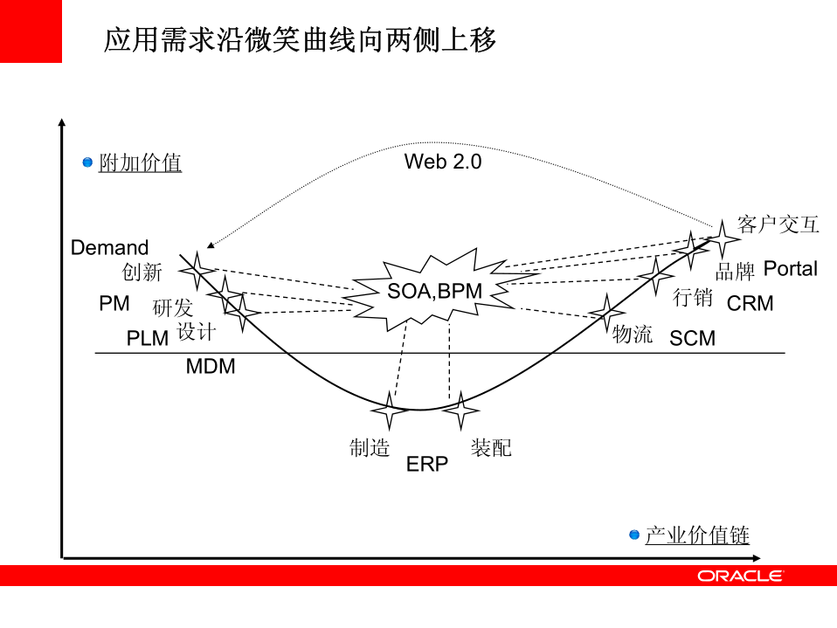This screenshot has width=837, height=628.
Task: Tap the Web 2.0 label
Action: pyautogui.click(x=442, y=162)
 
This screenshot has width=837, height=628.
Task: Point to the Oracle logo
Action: pyautogui.click(x=740, y=576)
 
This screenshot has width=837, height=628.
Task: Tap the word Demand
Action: pyautogui.click(x=110, y=247)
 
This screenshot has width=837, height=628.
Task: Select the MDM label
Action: pyautogui.click(x=211, y=367)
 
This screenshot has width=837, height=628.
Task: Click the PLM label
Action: pyautogui.click(x=148, y=339)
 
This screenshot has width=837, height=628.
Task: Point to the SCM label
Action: pyautogui.click(x=692, y=338)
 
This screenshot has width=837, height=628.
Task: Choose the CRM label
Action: pyautogui.click(x=751, y=304)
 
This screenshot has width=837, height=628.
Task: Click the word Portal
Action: pyautogui.click(x=791, y=268)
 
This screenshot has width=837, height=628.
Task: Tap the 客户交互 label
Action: pyautogui.click(x=778, y=224)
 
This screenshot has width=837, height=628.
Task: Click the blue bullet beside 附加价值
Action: pyautogui.click(x=87, y=162)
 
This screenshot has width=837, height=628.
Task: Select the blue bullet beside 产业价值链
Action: pyautogui.click(x=634, y=535)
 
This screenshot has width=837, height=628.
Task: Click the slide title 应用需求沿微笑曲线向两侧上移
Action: pyautogui.click(x=301, y=40)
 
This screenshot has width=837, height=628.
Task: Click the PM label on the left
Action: pyautogui.click(x=114, y=304)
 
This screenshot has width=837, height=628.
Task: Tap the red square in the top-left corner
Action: pyautogui.click(x=31, y=31)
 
